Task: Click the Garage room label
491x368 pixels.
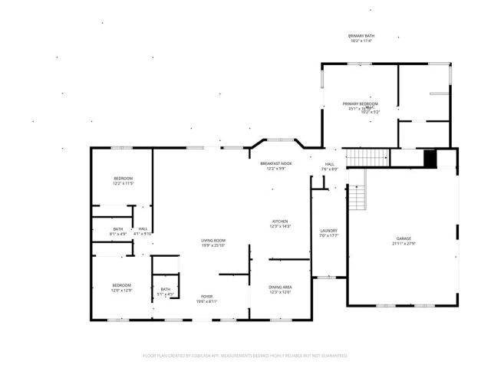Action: (x=404, y=238)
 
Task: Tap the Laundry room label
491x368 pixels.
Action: (x=329, y=230)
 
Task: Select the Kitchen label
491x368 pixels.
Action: (x=280, y=222)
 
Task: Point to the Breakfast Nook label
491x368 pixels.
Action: (x=275, y=163)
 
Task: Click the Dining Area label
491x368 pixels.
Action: (x=280, y=287)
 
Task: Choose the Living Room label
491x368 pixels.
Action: (x=213, y=240)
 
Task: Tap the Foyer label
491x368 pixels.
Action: (x=207, y=296)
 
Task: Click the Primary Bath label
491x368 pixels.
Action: (x=361, y=36)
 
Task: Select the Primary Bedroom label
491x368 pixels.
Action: (x=360, y=103)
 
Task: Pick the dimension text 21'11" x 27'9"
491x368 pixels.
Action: (x=404, y=244)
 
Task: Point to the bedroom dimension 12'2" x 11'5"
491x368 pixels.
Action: (x=124, y=184)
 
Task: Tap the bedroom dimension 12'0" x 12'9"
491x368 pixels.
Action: (x=122, y=291)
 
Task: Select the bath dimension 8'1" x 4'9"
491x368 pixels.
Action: (x=118, y=234)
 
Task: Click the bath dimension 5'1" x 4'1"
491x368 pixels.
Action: (x=166, y=294)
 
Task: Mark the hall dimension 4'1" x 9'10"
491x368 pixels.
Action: (x=143, y=234)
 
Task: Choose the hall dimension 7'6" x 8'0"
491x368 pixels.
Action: (x=330, y=169)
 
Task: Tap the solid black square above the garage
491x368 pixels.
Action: (x=430, y=158)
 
